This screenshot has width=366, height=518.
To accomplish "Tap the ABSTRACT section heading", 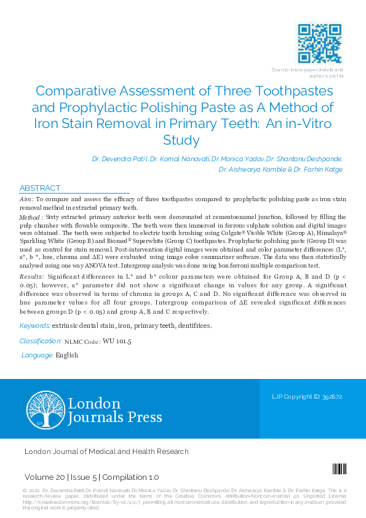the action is [40, 188].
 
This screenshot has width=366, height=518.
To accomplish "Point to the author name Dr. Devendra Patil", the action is [119, 159].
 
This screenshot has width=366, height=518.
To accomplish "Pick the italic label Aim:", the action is [26, 200].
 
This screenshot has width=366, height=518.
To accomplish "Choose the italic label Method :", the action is [31, 218].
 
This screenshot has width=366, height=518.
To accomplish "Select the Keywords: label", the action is [34, 325].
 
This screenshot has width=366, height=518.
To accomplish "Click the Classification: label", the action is [40, 340].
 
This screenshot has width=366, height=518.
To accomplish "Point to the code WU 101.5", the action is [116, 341].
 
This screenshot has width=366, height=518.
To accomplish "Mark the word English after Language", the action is [66, 355].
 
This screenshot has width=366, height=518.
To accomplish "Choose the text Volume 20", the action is [42, 477].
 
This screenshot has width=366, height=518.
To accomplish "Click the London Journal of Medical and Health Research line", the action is [106, 452].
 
